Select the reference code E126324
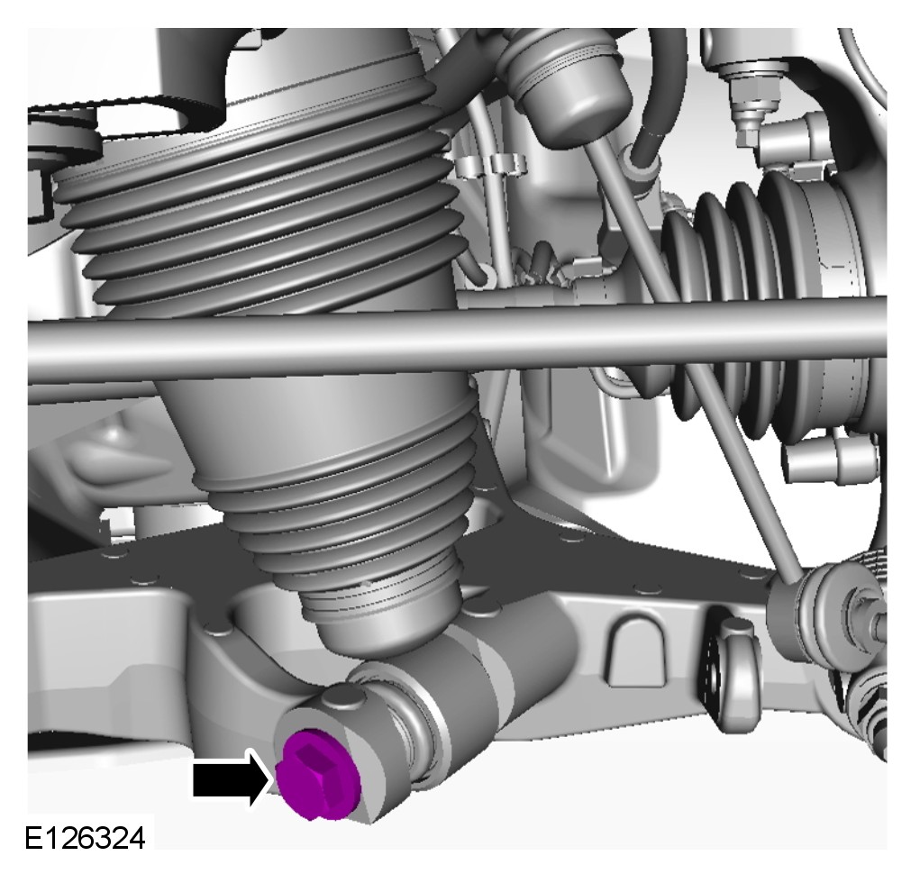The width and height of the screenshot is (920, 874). pyautogui.click(x=85, y=838)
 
